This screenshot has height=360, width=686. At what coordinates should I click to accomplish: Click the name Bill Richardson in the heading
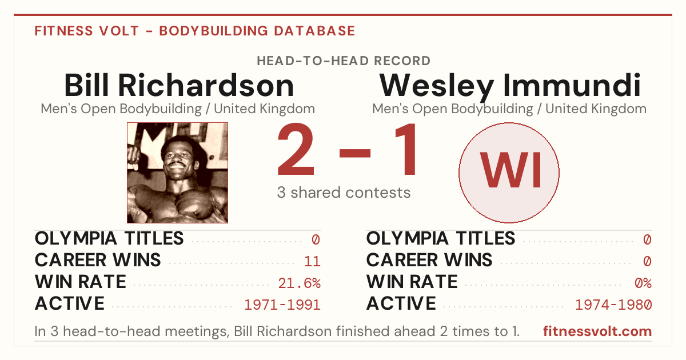click(179, 85)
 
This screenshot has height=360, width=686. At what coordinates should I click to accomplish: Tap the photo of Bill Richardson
click(177, 173)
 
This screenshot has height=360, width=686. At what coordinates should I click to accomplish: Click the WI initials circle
click(509, 173)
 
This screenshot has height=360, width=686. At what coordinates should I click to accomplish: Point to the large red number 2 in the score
click(296, 149)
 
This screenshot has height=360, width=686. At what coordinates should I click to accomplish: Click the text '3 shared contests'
click(344, 193)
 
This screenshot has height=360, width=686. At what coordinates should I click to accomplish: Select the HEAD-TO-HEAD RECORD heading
click(344, 61)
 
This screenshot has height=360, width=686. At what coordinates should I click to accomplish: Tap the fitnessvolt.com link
click(597, 331)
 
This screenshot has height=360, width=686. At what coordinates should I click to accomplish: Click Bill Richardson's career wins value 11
click(312, 261)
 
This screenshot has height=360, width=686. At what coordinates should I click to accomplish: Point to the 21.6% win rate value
click(300, 283)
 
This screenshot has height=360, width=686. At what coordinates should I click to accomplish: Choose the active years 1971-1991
click(282, 305)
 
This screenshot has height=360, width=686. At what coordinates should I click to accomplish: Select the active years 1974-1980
click(614, 305)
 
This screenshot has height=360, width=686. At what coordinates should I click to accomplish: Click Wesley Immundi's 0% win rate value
click(644, 283)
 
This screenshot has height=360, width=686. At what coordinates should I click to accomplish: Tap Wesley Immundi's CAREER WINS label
click(429, 260)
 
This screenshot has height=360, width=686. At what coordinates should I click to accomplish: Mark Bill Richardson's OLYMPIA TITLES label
click(109, 238)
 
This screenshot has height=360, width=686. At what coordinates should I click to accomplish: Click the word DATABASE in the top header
click(314, 31)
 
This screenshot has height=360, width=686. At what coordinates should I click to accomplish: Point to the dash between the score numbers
click(355, 153)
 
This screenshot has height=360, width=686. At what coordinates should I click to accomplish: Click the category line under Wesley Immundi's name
click(509, 109)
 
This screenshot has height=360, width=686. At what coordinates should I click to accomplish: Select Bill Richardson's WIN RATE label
click(81, 282)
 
